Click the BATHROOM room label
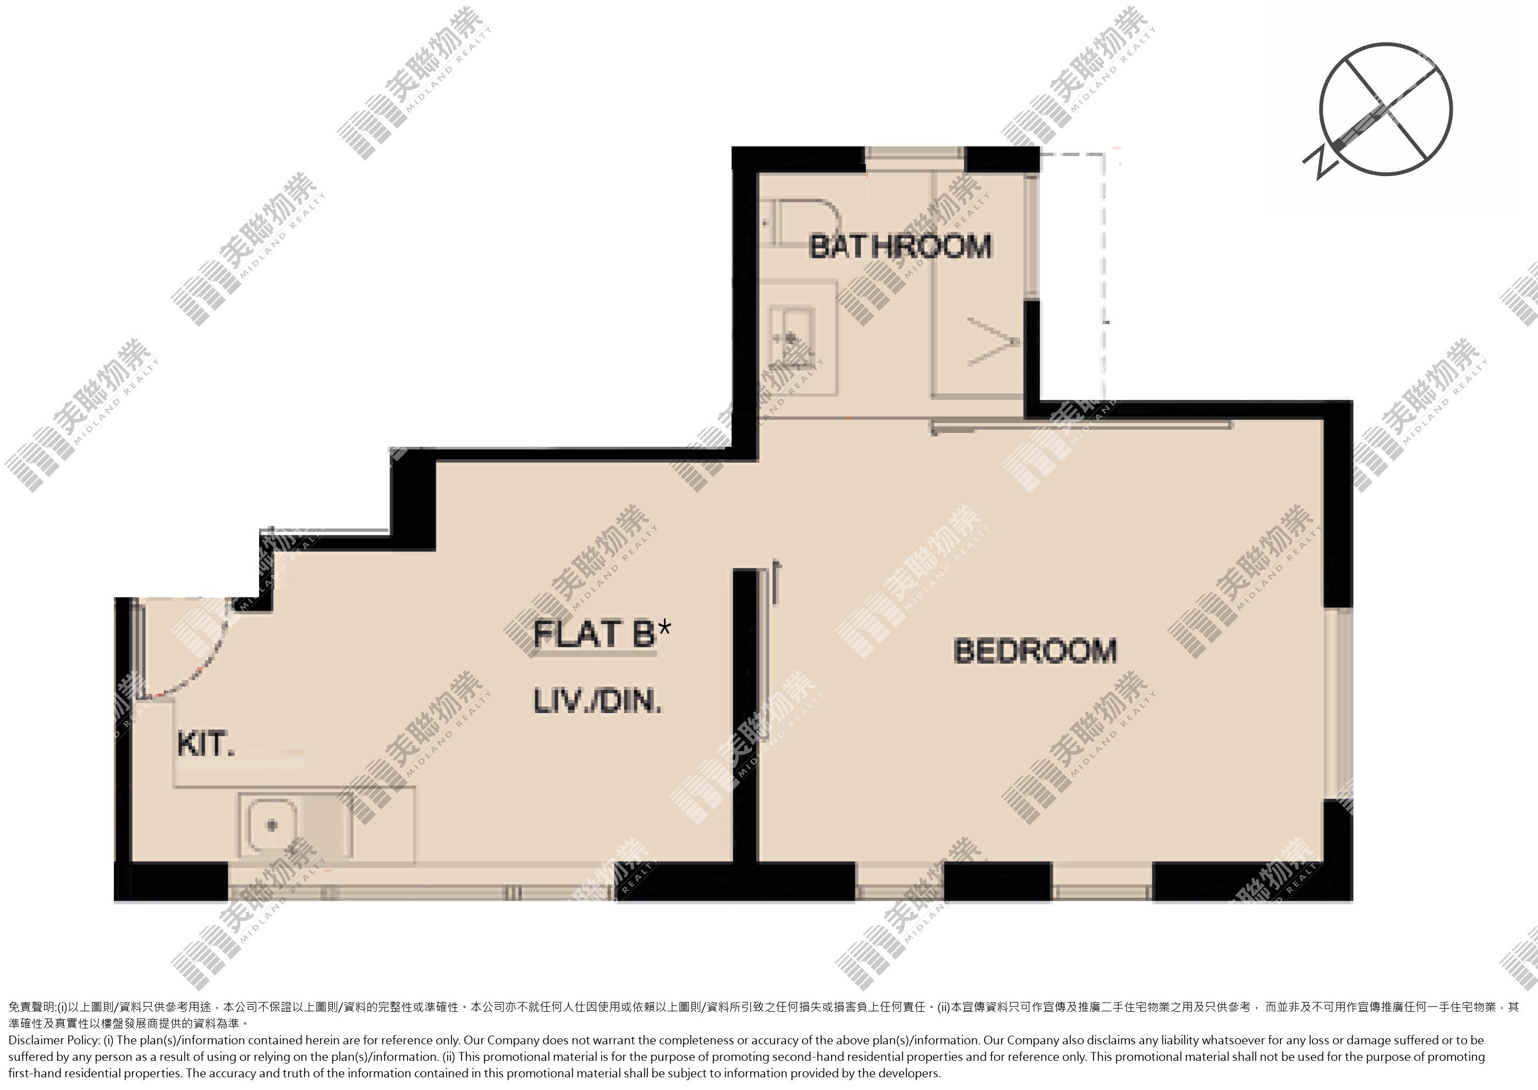[x=900, y=247]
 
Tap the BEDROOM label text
[x=1035, y=651]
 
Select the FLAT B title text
[x=595, y=634]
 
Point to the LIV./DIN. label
[x=598, y=702]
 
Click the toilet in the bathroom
[x=803, y=222]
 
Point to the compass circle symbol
[x=1386, y=109]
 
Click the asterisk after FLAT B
[x=664, y=628]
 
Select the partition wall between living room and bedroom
[x=745, y=715]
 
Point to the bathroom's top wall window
[x=915, y=154]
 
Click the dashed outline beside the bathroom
[x=1105, y=275]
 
